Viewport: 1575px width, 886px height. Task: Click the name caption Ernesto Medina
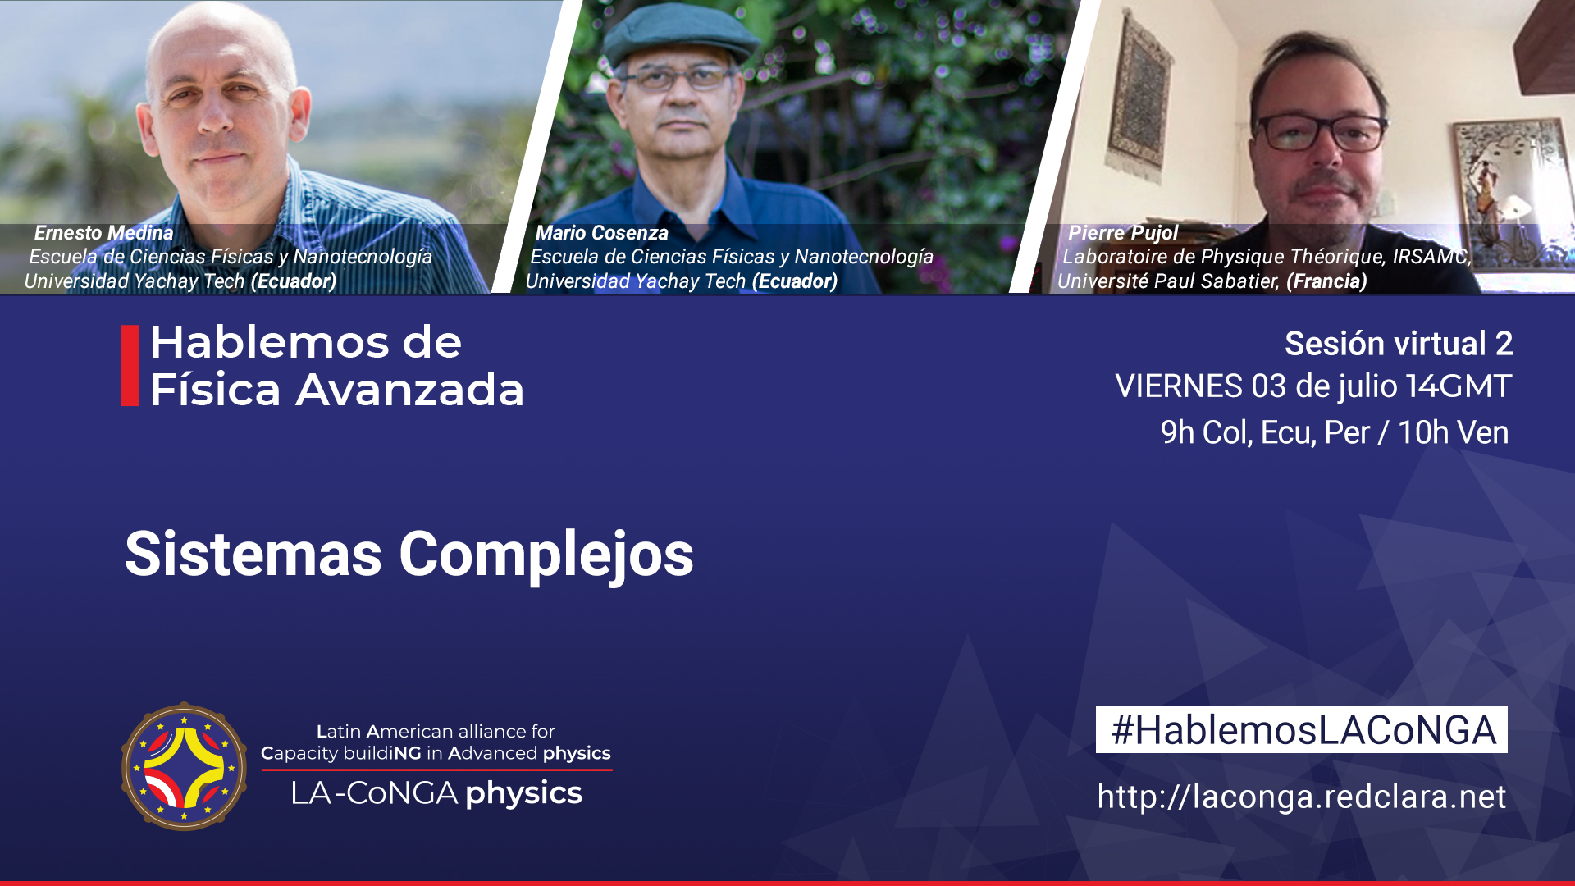(x=103, y=233)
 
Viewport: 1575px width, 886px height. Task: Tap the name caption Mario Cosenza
(x=601, y=233)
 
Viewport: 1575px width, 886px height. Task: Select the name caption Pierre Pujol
(x=1122, y=233)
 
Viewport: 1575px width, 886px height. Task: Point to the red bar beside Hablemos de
(x=130, y=365)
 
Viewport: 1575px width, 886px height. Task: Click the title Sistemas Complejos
(x=409, y=555)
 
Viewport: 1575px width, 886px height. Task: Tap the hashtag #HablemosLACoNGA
(x=1302, y=730)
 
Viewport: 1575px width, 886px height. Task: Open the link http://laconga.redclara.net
(x=1302, y=797)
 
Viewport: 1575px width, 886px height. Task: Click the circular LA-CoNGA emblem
(x=184, y=766)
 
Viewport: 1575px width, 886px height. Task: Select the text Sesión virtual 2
(x=1399, y=344)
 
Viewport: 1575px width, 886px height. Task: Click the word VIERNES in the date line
(x=1179, y=386)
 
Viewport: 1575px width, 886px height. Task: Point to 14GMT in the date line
(x=1459, y=386)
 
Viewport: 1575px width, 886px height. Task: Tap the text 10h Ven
(x=1453, y=432)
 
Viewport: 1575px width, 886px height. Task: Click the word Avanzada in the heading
(x=410, y=390)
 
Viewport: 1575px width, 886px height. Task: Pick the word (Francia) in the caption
(x=1326, y=281)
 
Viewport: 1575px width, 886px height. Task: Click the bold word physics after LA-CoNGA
(x=523, y=793)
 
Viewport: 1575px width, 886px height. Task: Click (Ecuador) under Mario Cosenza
(x=795, y=281)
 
